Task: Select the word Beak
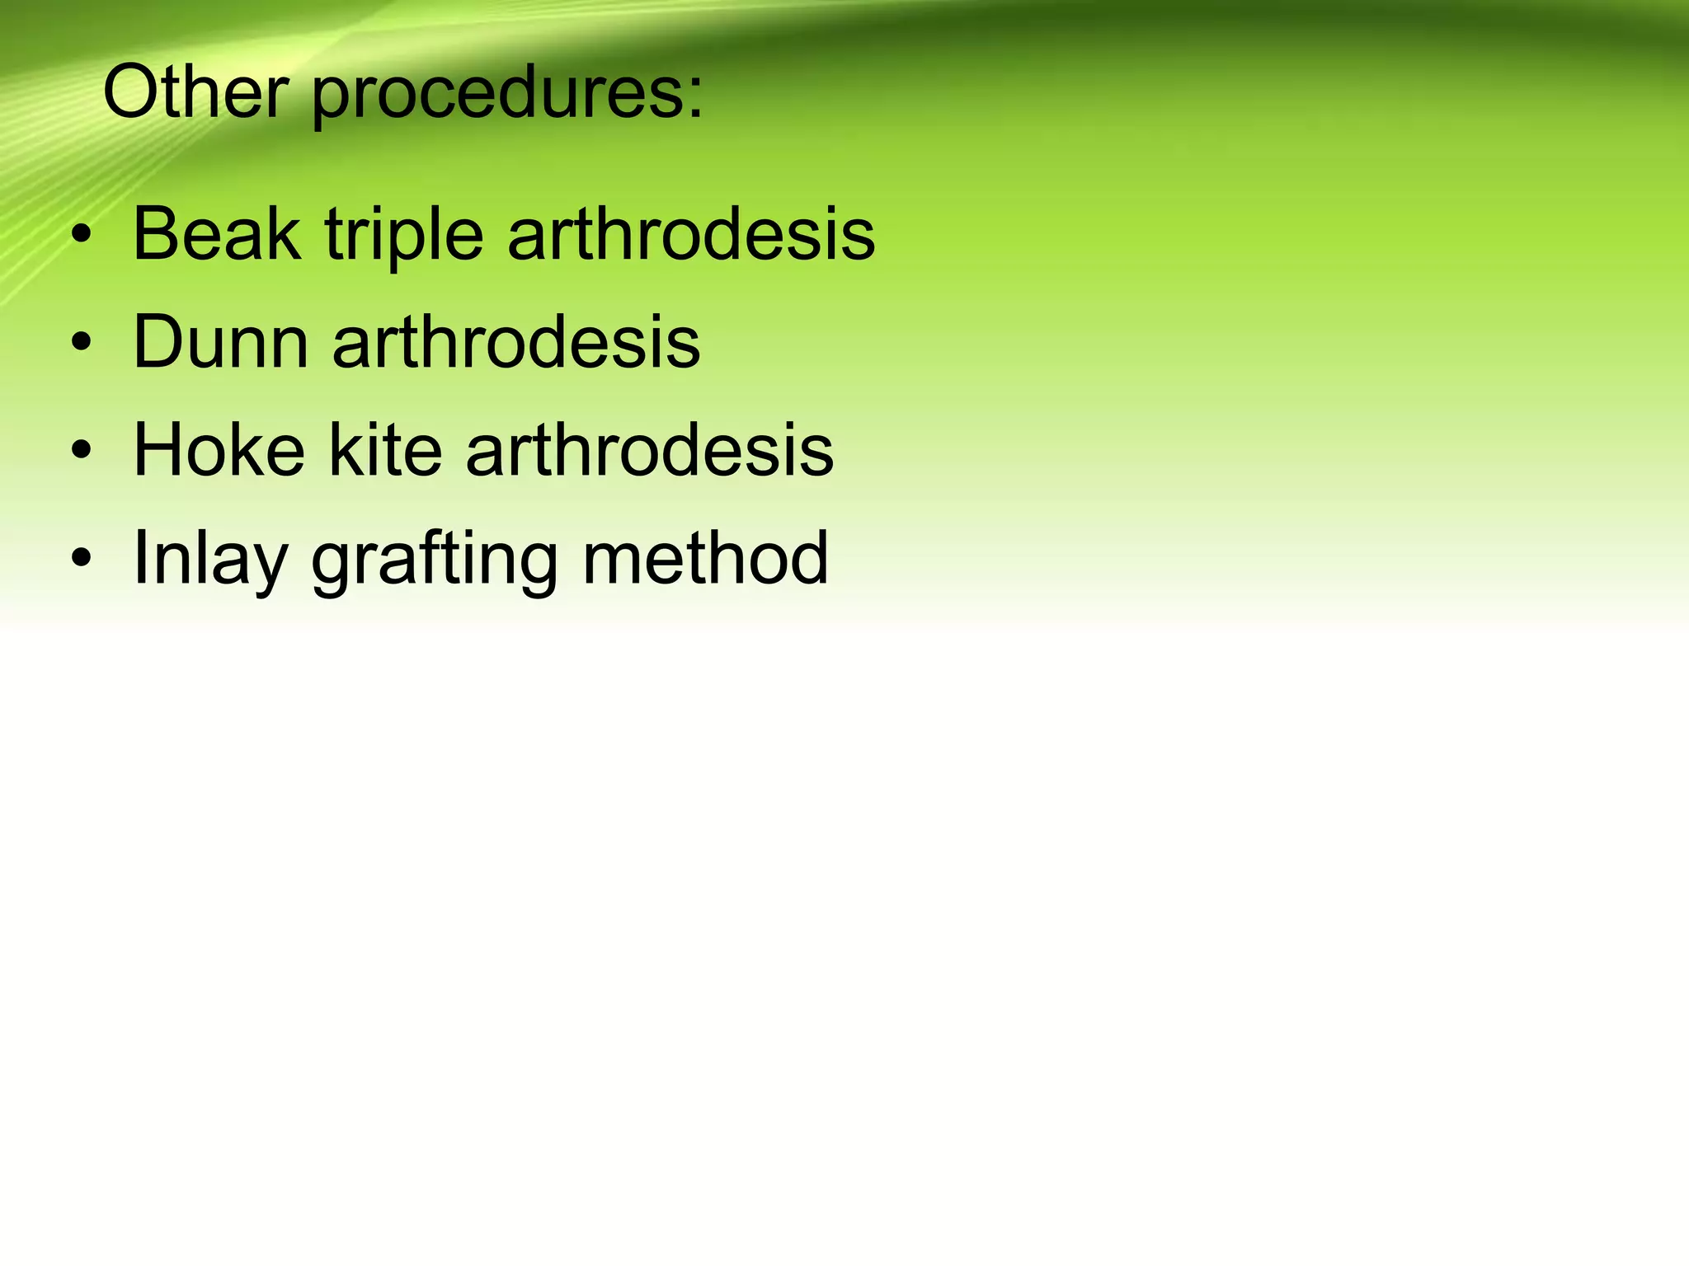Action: click(216, 234)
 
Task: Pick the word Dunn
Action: click(220, 341)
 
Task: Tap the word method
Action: click(705, 558)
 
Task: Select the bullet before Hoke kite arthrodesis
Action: click(81, 451)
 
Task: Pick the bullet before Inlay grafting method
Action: click(81, 559)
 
